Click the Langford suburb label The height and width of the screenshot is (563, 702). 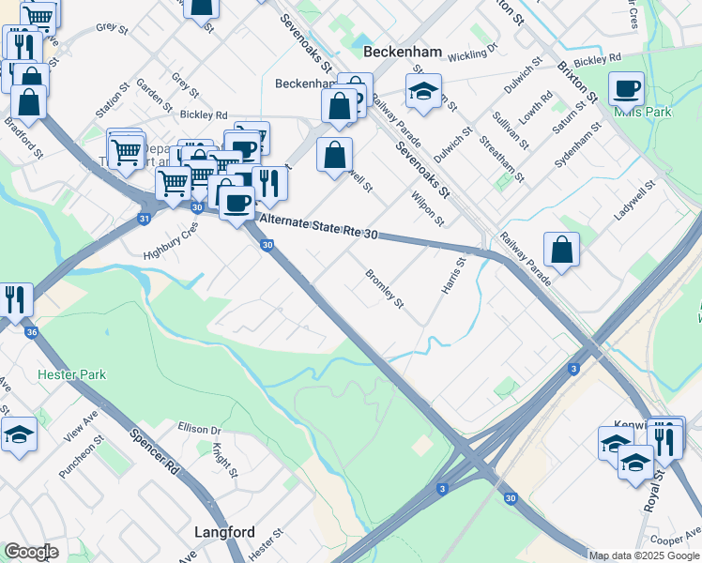coord(224,532)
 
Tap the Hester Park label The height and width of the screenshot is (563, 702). coord(71,374)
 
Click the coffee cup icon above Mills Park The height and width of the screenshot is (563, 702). coord(626,90)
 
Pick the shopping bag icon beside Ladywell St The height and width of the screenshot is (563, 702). coord(561,251)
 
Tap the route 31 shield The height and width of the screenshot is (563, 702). coord(144,219)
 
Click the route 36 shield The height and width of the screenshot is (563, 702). coord(32,332)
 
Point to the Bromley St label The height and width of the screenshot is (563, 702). coord(384,291)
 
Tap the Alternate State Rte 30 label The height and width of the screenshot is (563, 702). coord(319,226)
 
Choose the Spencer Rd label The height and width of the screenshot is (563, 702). coord(154,449)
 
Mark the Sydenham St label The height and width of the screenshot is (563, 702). coord(577,145)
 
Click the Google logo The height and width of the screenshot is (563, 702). coord(31,552)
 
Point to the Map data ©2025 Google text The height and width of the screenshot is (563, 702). coord(644,555)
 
